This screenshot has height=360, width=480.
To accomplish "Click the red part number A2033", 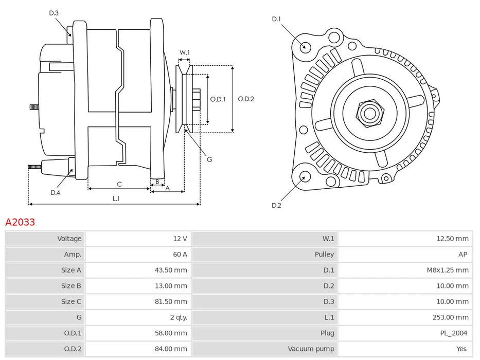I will tap(20, 222).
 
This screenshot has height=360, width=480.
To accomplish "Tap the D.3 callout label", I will tap(54, 13).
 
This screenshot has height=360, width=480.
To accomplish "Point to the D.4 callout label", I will tap(55, 193).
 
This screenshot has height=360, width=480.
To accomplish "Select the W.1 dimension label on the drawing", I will tap(185, 52).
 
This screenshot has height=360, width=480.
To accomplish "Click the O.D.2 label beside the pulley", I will tap(246, 99).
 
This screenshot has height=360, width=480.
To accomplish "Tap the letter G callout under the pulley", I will tap(209, 159).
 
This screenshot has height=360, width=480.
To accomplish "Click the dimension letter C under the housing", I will tap(119, 184).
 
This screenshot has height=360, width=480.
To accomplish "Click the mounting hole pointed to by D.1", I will tap(305, 46).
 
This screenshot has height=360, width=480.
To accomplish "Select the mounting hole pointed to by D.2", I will tap(304, 177).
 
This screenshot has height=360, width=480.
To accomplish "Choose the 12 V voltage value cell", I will tap(180, 239).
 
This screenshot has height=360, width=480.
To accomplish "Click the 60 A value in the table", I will tap(180, 254).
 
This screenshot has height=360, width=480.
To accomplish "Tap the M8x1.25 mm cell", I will tap(448, 270).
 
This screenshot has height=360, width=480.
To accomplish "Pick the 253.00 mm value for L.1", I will tap(452, 317).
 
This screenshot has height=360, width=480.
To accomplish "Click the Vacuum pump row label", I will tap(311, 349).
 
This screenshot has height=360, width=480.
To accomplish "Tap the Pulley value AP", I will tap(463, 254).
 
